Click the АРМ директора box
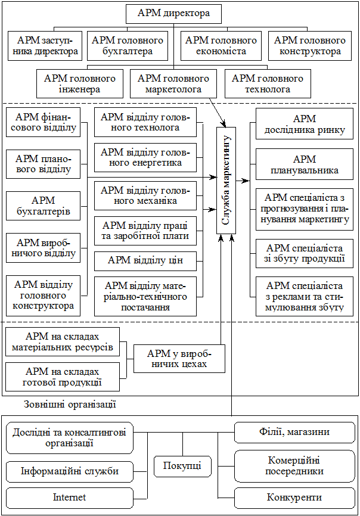(x=173, y=13)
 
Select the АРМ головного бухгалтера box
(x=127, y=46)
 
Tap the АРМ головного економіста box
(x=221, y=46)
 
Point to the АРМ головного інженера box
(x=79, y=84)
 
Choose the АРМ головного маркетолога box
(x=173, y=84)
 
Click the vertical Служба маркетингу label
(x=226, y=179)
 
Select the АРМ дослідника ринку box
(x=305, y=125)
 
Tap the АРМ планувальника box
(x=305, y=164)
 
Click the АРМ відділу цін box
(x=145, y=260)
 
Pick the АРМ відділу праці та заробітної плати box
(x=145, y=231)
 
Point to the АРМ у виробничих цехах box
(x=179, y=358)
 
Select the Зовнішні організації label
(x=70, y=405)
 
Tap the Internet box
(x=69, y=498)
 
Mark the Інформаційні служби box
(x=69, y=471)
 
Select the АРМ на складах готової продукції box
(x=63, y=377)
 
